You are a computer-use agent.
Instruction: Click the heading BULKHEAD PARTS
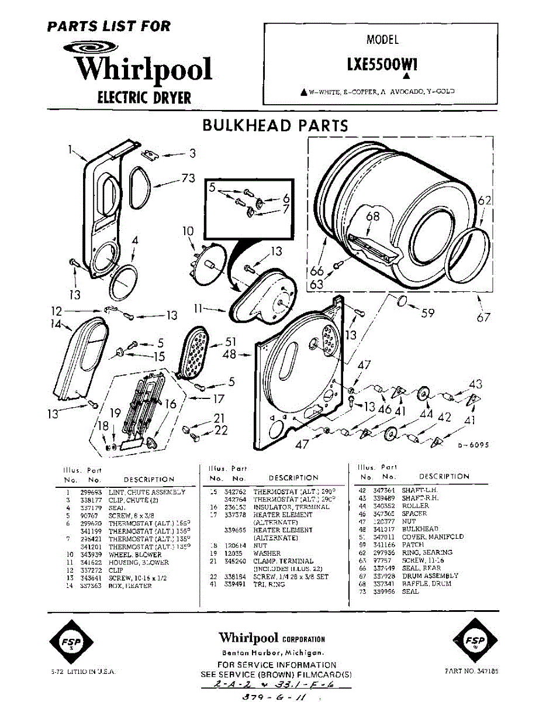275,125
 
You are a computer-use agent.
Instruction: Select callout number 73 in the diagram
188,178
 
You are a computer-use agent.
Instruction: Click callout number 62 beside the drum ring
485,201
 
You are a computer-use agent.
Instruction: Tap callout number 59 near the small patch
428,313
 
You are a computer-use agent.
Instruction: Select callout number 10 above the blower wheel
188,231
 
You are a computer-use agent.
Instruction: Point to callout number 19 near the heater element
116,413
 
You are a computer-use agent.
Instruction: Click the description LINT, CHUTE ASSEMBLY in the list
147,493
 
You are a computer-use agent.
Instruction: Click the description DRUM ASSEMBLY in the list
430,576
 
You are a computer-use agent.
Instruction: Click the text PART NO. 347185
472,672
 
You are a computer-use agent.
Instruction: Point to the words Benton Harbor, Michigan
272,652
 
